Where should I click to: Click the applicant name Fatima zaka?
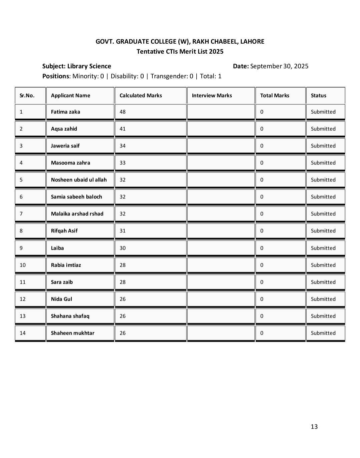(65, 112)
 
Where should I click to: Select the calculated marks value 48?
(123, 112)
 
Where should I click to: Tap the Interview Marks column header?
(212, 96)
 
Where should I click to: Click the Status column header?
(318, 96)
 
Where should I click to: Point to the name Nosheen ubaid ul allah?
(79, 180)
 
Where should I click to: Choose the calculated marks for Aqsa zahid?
(123, 129)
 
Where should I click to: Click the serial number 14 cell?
(23, 333)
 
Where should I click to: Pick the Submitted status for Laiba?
(323, 248)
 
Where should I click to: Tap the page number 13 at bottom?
(314, 427)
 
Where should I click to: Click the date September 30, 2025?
(279, 66)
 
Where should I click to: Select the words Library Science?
(89, 66)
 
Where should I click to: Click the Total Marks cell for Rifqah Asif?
(262, 231)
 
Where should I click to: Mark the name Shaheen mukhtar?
(72, 333)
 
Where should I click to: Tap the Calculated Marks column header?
(141, 96)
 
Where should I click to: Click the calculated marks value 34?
(123, 146)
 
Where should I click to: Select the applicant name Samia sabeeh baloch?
(76, 197)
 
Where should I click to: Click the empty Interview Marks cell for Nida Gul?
(221, 299)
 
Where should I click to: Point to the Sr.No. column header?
(27, 96)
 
